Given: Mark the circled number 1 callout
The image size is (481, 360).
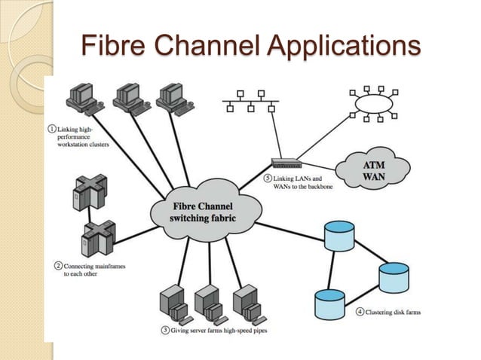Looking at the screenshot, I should coord(52,129).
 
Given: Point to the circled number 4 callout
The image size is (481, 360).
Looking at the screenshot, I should coord(360,312).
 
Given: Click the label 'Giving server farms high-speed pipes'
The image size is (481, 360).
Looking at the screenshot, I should coord(219,330).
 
